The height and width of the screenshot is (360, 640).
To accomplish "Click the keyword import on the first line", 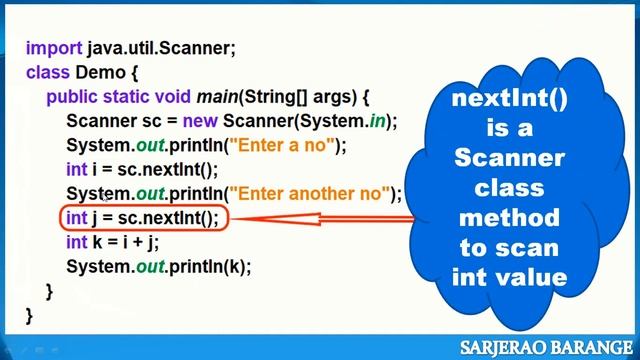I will tap(54, 48).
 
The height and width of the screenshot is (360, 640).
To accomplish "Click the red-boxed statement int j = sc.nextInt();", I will tap(141, 218).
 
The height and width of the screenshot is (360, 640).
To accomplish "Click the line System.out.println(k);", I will tap(158, 266).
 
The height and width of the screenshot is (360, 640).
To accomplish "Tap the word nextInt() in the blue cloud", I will tap(510, 98).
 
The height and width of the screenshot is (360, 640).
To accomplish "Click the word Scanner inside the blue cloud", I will tap(510, 158).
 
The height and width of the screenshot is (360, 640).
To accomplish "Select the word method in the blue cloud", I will tap(510, 217).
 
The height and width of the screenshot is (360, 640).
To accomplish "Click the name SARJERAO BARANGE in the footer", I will tap(545, 347).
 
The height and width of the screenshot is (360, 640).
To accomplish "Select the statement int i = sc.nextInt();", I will tap(141, 169).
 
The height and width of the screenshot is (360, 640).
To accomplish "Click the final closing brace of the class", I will tap(29, 314).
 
